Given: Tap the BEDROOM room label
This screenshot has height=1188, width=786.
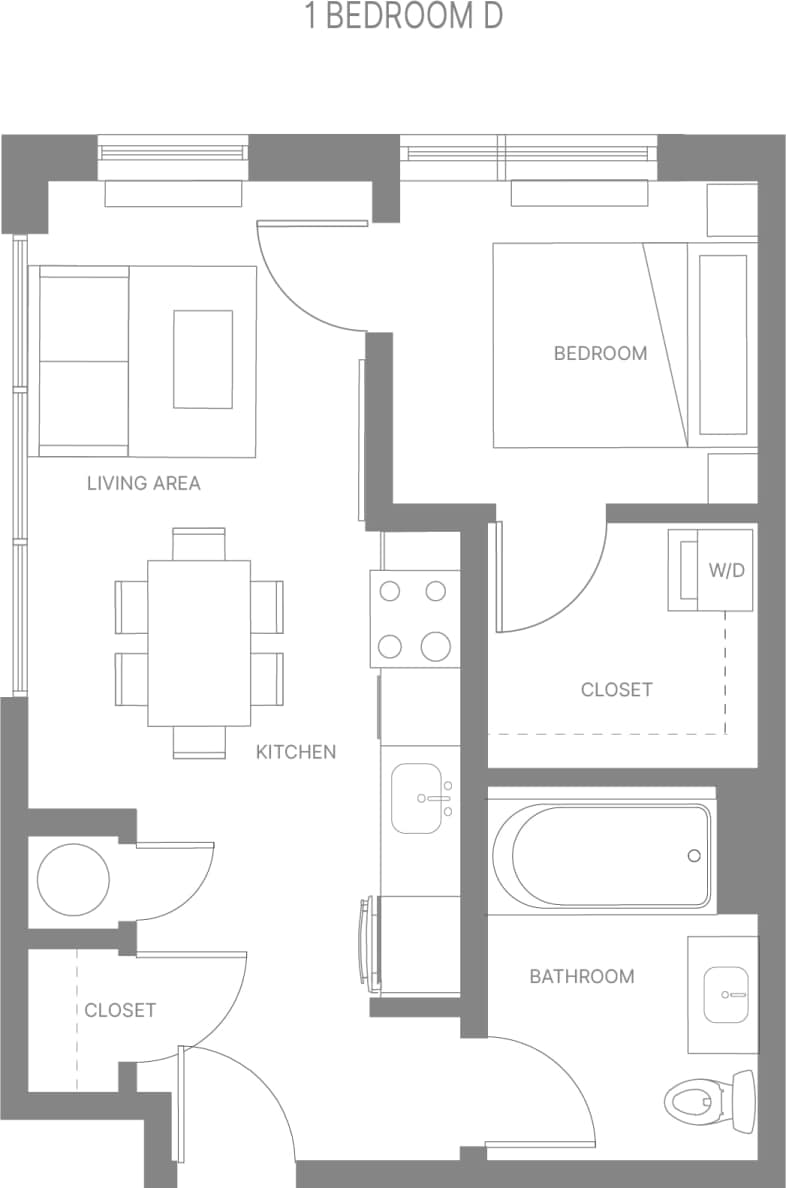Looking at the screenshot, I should (600, 353).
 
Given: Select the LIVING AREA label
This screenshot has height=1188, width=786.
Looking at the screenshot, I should (143, 484).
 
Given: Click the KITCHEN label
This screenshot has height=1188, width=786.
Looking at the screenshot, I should (296, 752).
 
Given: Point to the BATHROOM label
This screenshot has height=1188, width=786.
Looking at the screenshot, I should (581, 976).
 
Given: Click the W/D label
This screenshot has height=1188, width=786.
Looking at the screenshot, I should (726, 571).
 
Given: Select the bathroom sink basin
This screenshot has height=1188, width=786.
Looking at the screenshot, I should (727, 994).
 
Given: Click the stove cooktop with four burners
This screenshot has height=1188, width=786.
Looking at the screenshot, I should (414, 618).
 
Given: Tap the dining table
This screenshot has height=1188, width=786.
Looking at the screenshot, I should (199, 642).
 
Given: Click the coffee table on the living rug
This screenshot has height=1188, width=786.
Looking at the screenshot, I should (203, 359).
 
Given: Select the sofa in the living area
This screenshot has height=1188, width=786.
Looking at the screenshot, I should (84, 361).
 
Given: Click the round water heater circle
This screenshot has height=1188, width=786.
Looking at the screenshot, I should (73, 880).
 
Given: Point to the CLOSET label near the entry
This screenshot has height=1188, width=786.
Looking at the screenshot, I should (120, 1010).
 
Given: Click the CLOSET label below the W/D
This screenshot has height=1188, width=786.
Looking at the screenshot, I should (616, 690).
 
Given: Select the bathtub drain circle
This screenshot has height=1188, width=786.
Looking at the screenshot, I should (694, 856).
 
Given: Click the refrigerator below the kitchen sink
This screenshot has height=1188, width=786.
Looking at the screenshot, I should (420, 944).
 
